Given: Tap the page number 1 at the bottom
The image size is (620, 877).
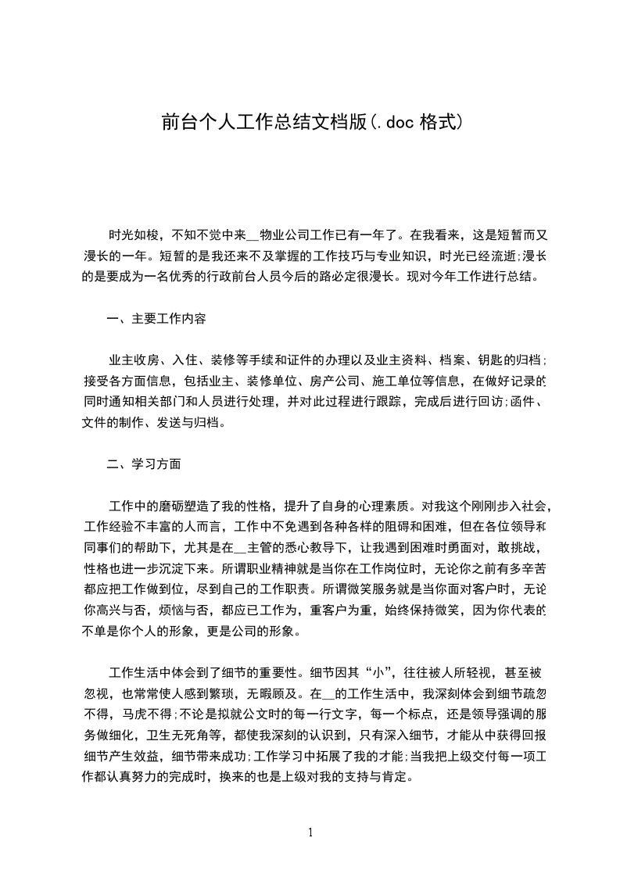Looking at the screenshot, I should coord(310,832).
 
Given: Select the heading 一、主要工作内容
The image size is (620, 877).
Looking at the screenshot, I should coord(156,319).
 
